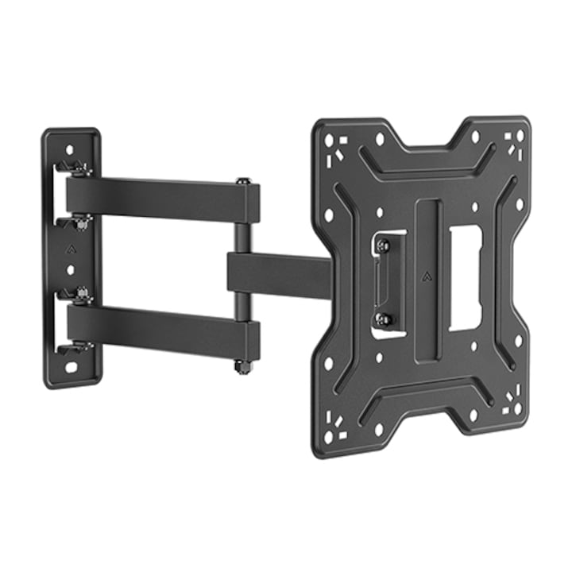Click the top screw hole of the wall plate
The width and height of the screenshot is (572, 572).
pos(70,149)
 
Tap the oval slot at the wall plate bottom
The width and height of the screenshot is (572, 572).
pos(71,368)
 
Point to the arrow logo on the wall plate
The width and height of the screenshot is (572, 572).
pos(70,248)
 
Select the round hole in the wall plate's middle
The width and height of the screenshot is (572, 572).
pos(70,270)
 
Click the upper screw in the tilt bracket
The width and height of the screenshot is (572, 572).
pos(383,245)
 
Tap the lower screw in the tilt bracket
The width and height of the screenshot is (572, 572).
pos(383,319)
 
